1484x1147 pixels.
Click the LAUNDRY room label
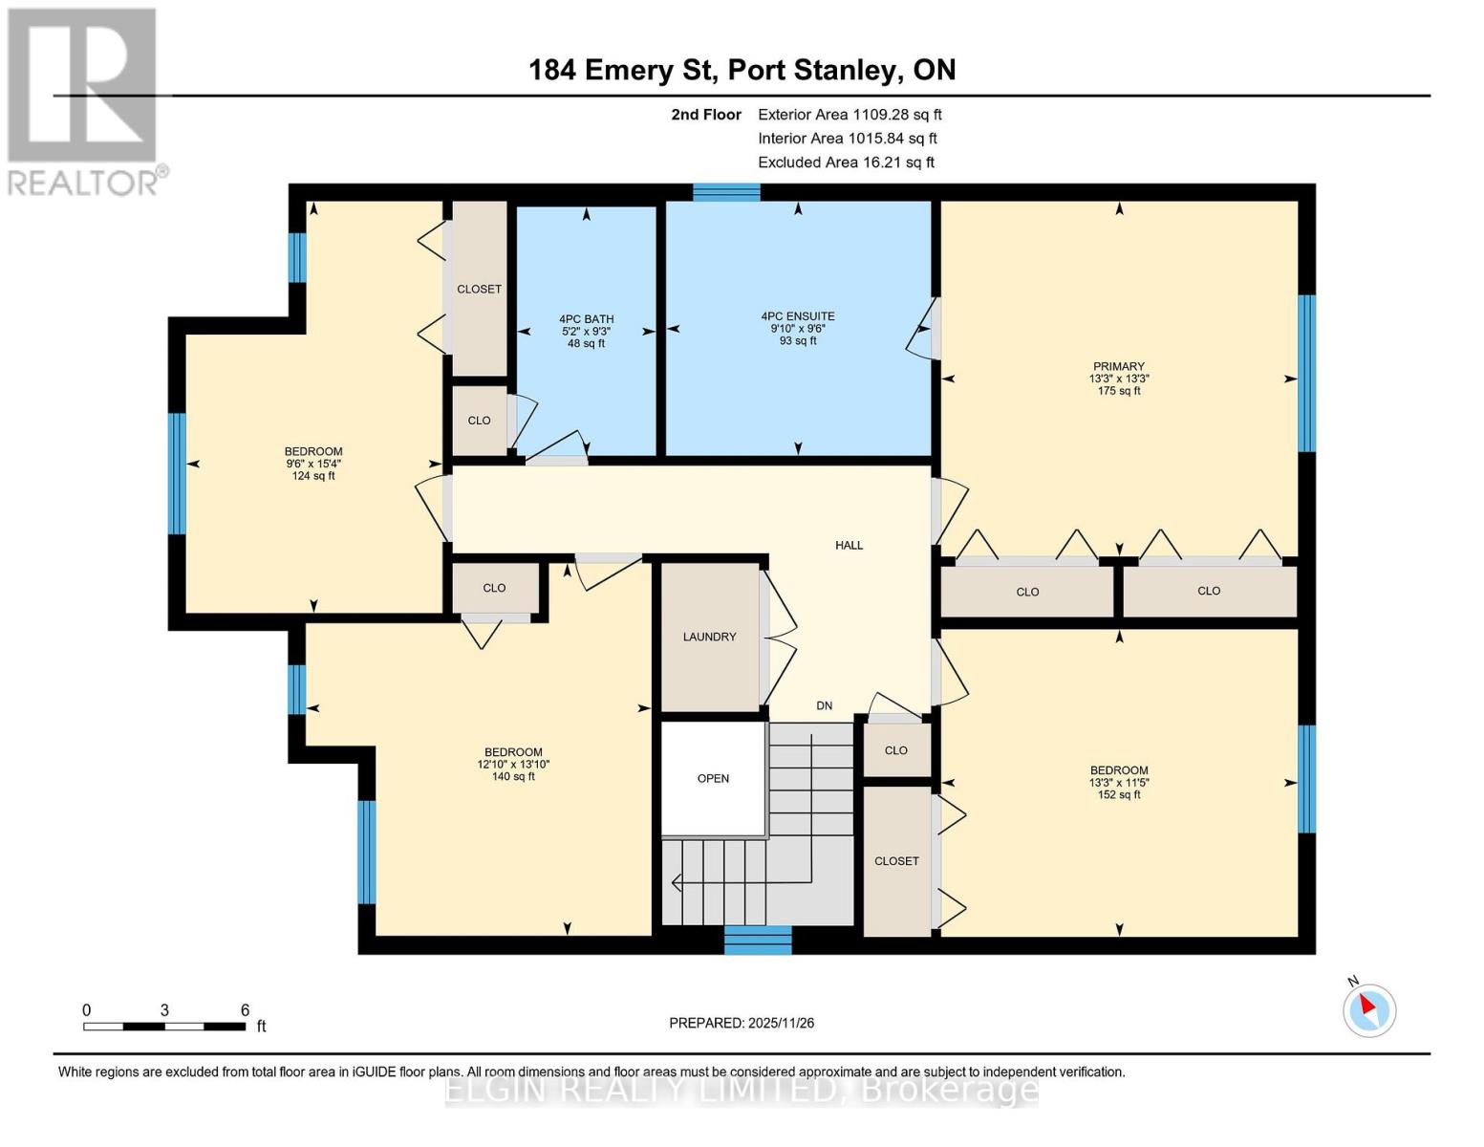709,637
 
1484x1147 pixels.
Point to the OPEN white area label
713,778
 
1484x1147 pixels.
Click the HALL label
849,545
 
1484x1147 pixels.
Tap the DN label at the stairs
824,705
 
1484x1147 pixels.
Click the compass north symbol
1369,1008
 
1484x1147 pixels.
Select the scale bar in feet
163,1026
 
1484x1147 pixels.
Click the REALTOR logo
82,100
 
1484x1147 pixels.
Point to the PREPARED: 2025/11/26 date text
742,1023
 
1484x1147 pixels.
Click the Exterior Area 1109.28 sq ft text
850,115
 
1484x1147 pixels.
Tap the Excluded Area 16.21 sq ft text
846,162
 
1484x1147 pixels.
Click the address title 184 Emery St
742,70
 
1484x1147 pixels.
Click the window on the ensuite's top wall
726,192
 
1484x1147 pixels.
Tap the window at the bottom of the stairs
758,940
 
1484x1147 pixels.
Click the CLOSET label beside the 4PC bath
479,289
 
